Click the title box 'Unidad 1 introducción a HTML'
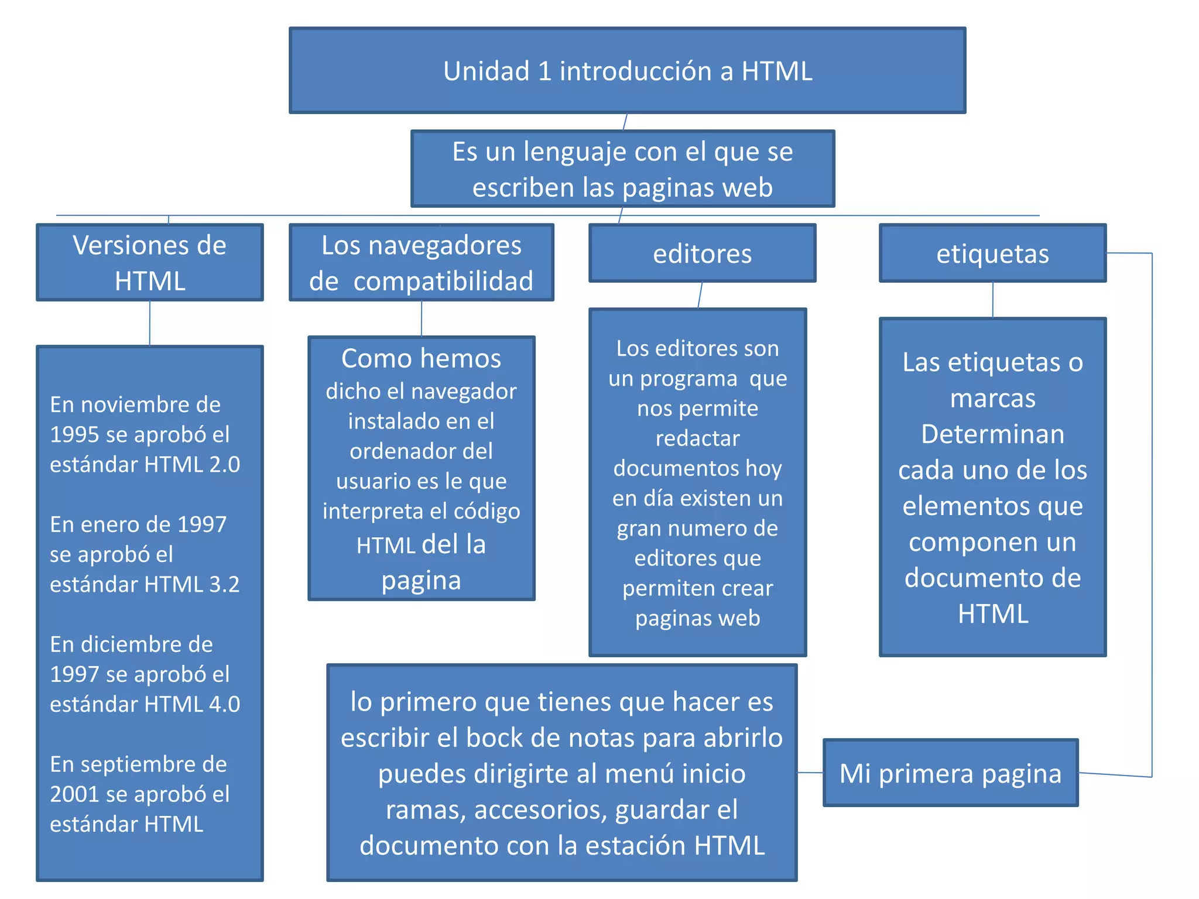(627, 70)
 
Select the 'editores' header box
(702, 253)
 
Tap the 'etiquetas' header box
(992, 253)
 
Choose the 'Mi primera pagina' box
(950, 773)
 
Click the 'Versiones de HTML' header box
(150, 262)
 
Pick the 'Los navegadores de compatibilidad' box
(421, 262)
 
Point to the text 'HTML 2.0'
(192, 465)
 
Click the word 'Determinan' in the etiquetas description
(992, 434)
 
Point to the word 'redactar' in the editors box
(697, 438)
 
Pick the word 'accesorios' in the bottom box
(539, 810)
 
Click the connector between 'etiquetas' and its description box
(992, 300)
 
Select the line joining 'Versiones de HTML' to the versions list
(150, 323)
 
